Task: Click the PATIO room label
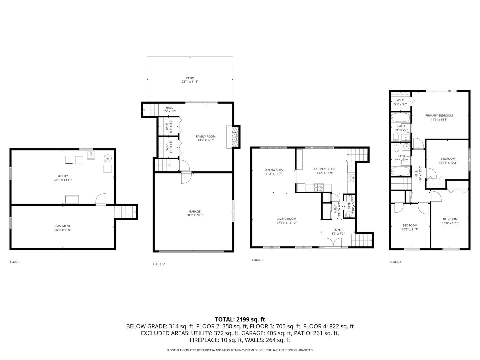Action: [x=190, y=78]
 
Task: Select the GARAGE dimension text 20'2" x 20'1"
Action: [x=195, y=215]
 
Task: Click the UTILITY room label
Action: [x=63, y=176]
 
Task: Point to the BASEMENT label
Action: [x=63, y=226]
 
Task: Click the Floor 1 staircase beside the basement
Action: [x=126, y=212]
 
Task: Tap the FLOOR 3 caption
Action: [x=256, y=260]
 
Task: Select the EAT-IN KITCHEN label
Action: [x=324, y=169]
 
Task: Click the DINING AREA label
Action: [x=274, y=170]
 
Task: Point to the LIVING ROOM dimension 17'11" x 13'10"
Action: [x=287, y=223]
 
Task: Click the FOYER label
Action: [x=338, y=230]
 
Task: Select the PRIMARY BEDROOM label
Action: [x=439, y=116]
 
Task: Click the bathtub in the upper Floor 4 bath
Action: [x=400, y=118]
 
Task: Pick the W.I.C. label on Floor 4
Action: [x=400, y=100]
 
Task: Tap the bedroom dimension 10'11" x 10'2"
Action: [x=447, y=163]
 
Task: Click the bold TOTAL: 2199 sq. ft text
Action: [x=240, y=319]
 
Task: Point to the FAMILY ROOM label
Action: [x=205, y=136]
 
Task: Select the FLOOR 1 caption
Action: [x=16, y=262]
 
